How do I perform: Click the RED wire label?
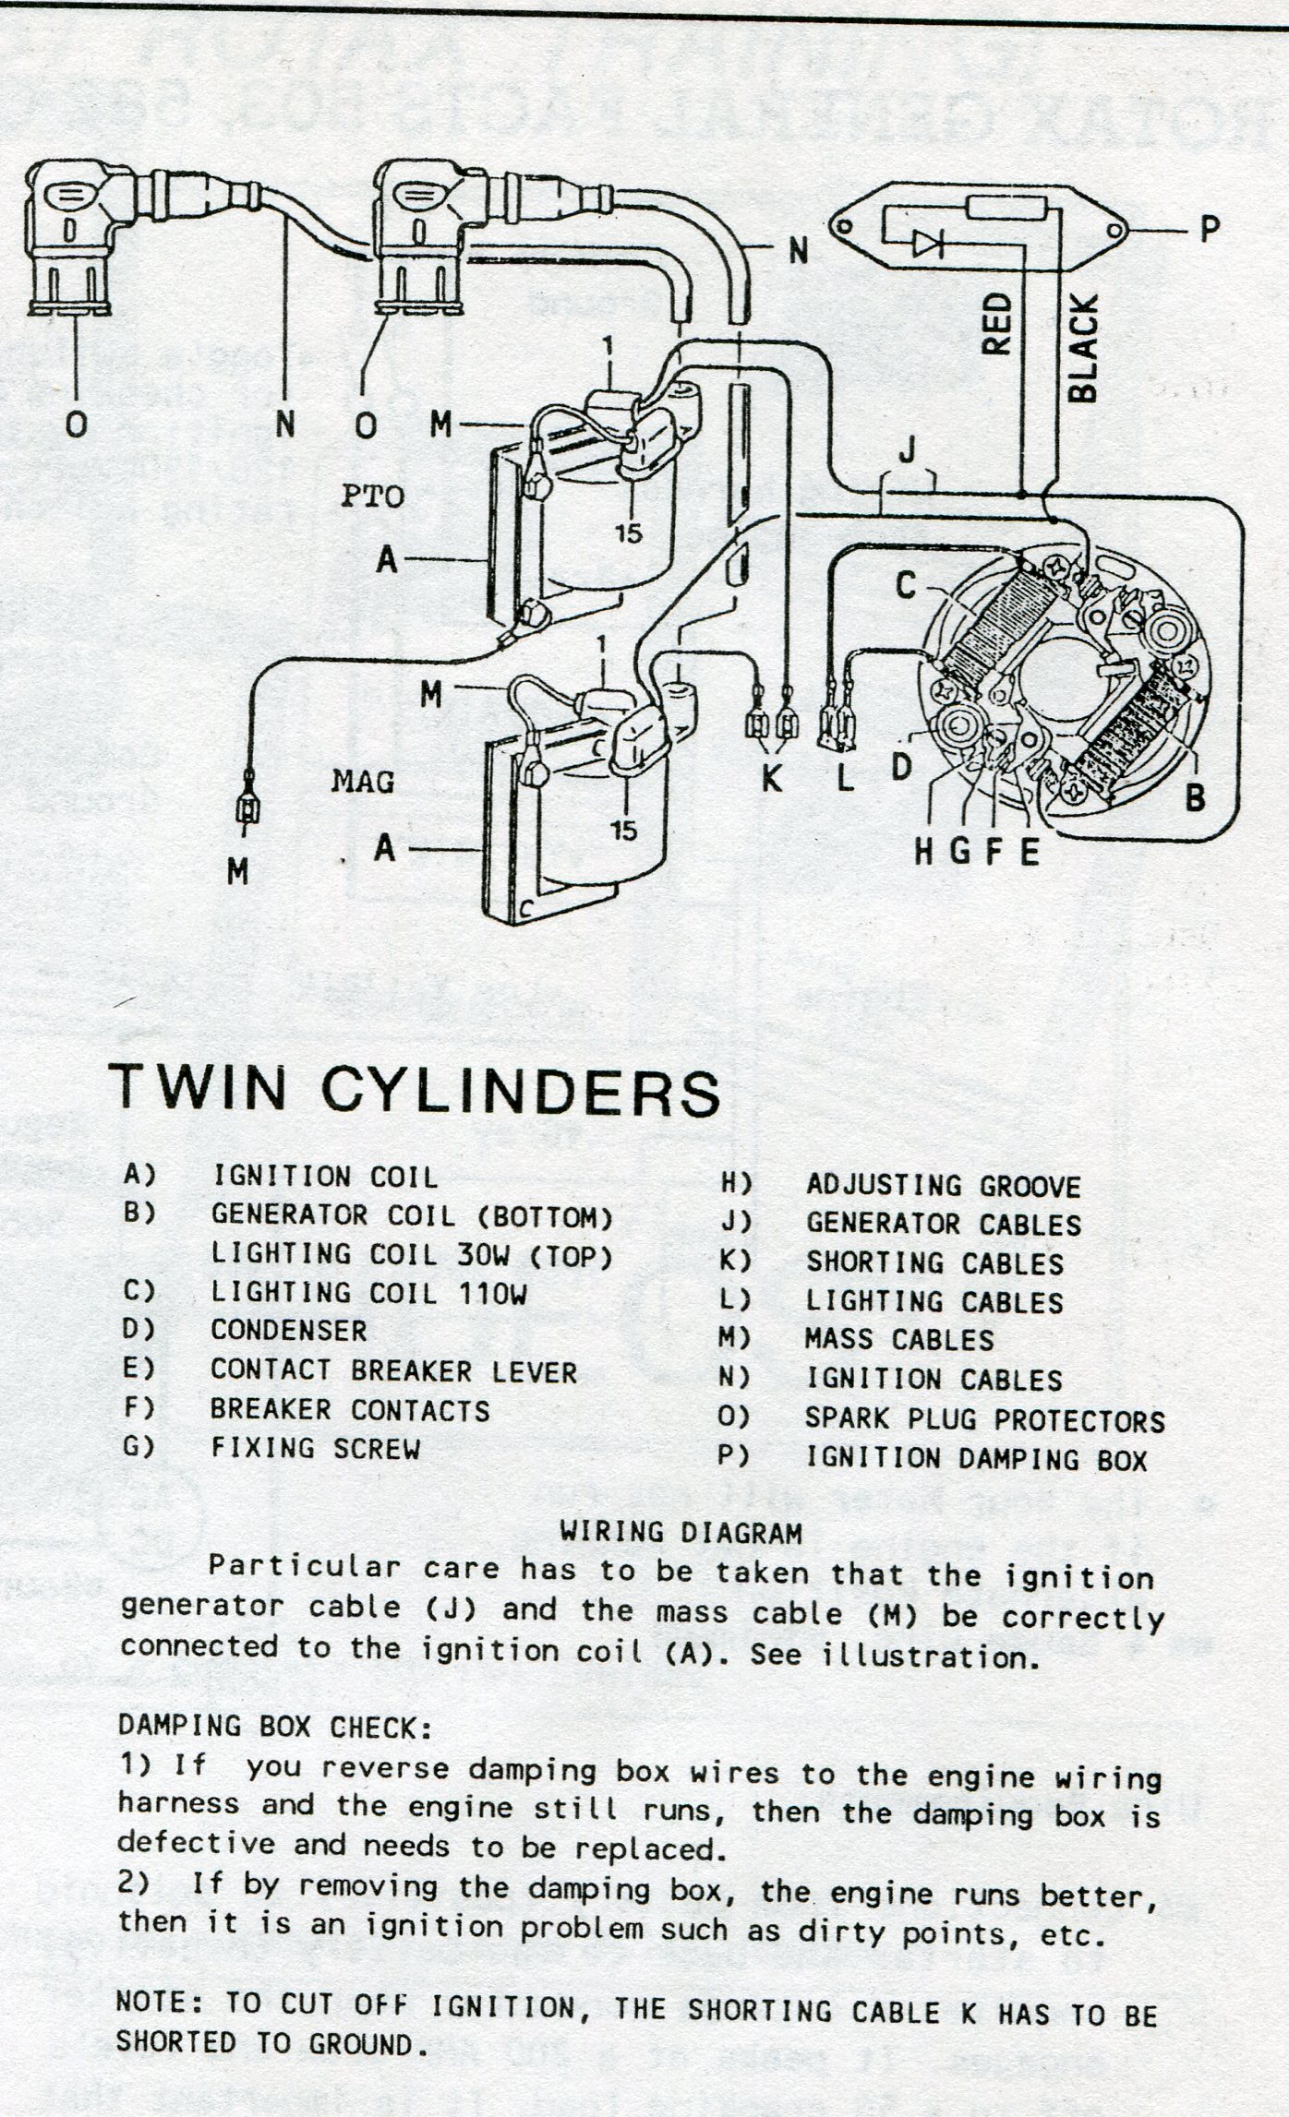point(997,324)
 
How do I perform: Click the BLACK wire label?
point(1083,348)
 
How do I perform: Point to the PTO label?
point(372,496)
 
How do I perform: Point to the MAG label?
point(363,783)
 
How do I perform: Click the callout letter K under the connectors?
point(771,777)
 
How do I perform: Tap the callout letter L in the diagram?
point(845,779)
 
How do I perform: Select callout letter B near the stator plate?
point(1195,796)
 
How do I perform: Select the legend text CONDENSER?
point(288,1330)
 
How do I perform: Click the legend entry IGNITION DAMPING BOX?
point(976,1459)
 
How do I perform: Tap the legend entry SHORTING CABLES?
point(934,1262)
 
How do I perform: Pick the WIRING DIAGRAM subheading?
point(681,1533)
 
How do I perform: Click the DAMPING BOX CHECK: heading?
point(275,1726)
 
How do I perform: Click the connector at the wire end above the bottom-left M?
point(247,809)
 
